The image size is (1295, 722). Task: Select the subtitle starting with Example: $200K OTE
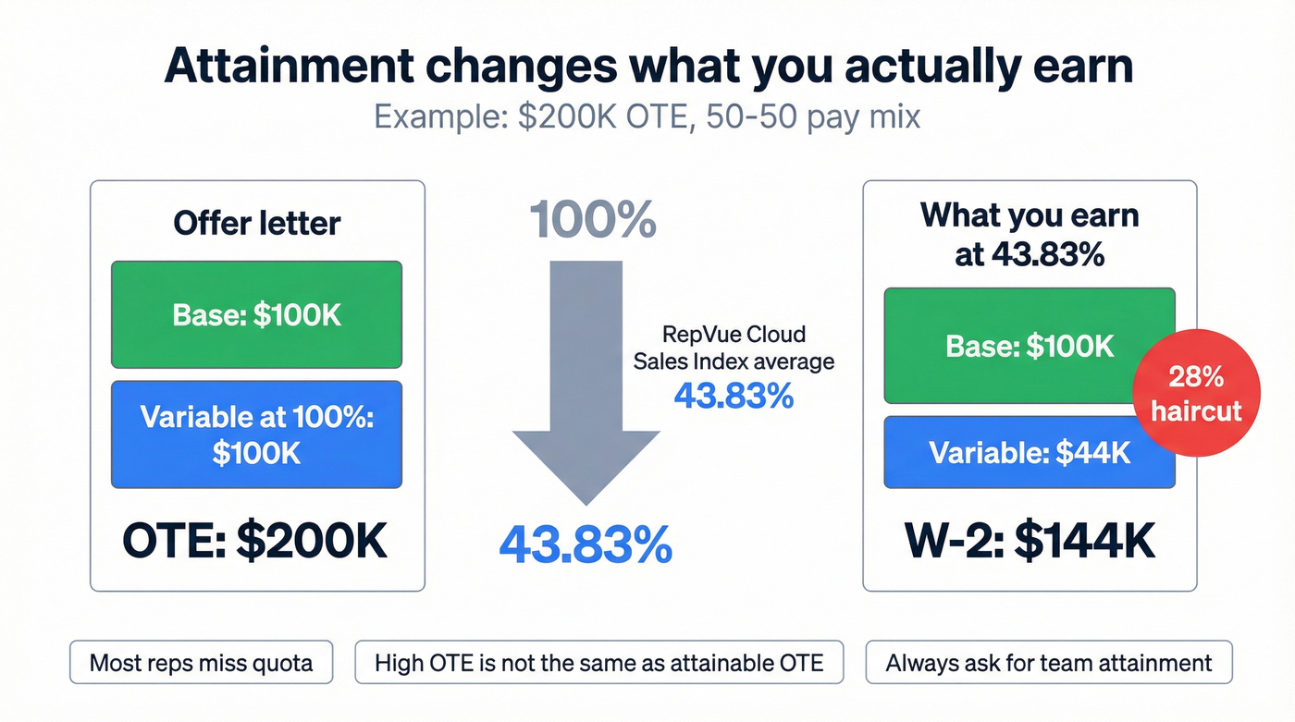647,117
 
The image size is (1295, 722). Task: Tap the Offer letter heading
256,224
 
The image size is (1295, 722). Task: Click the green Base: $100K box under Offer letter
256,314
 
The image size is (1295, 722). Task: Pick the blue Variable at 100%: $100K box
256,434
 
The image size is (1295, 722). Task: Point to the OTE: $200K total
256,543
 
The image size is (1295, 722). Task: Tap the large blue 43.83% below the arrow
586,545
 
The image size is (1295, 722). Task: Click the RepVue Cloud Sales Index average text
734,348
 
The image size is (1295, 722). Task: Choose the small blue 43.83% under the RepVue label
734,396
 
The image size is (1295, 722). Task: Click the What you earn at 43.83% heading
1030,235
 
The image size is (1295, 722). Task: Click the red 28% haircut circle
1196,394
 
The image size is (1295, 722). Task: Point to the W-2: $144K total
1030,543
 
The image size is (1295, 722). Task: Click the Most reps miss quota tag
201,663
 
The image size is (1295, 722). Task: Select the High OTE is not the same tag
598,663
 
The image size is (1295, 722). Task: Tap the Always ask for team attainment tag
1048,663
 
